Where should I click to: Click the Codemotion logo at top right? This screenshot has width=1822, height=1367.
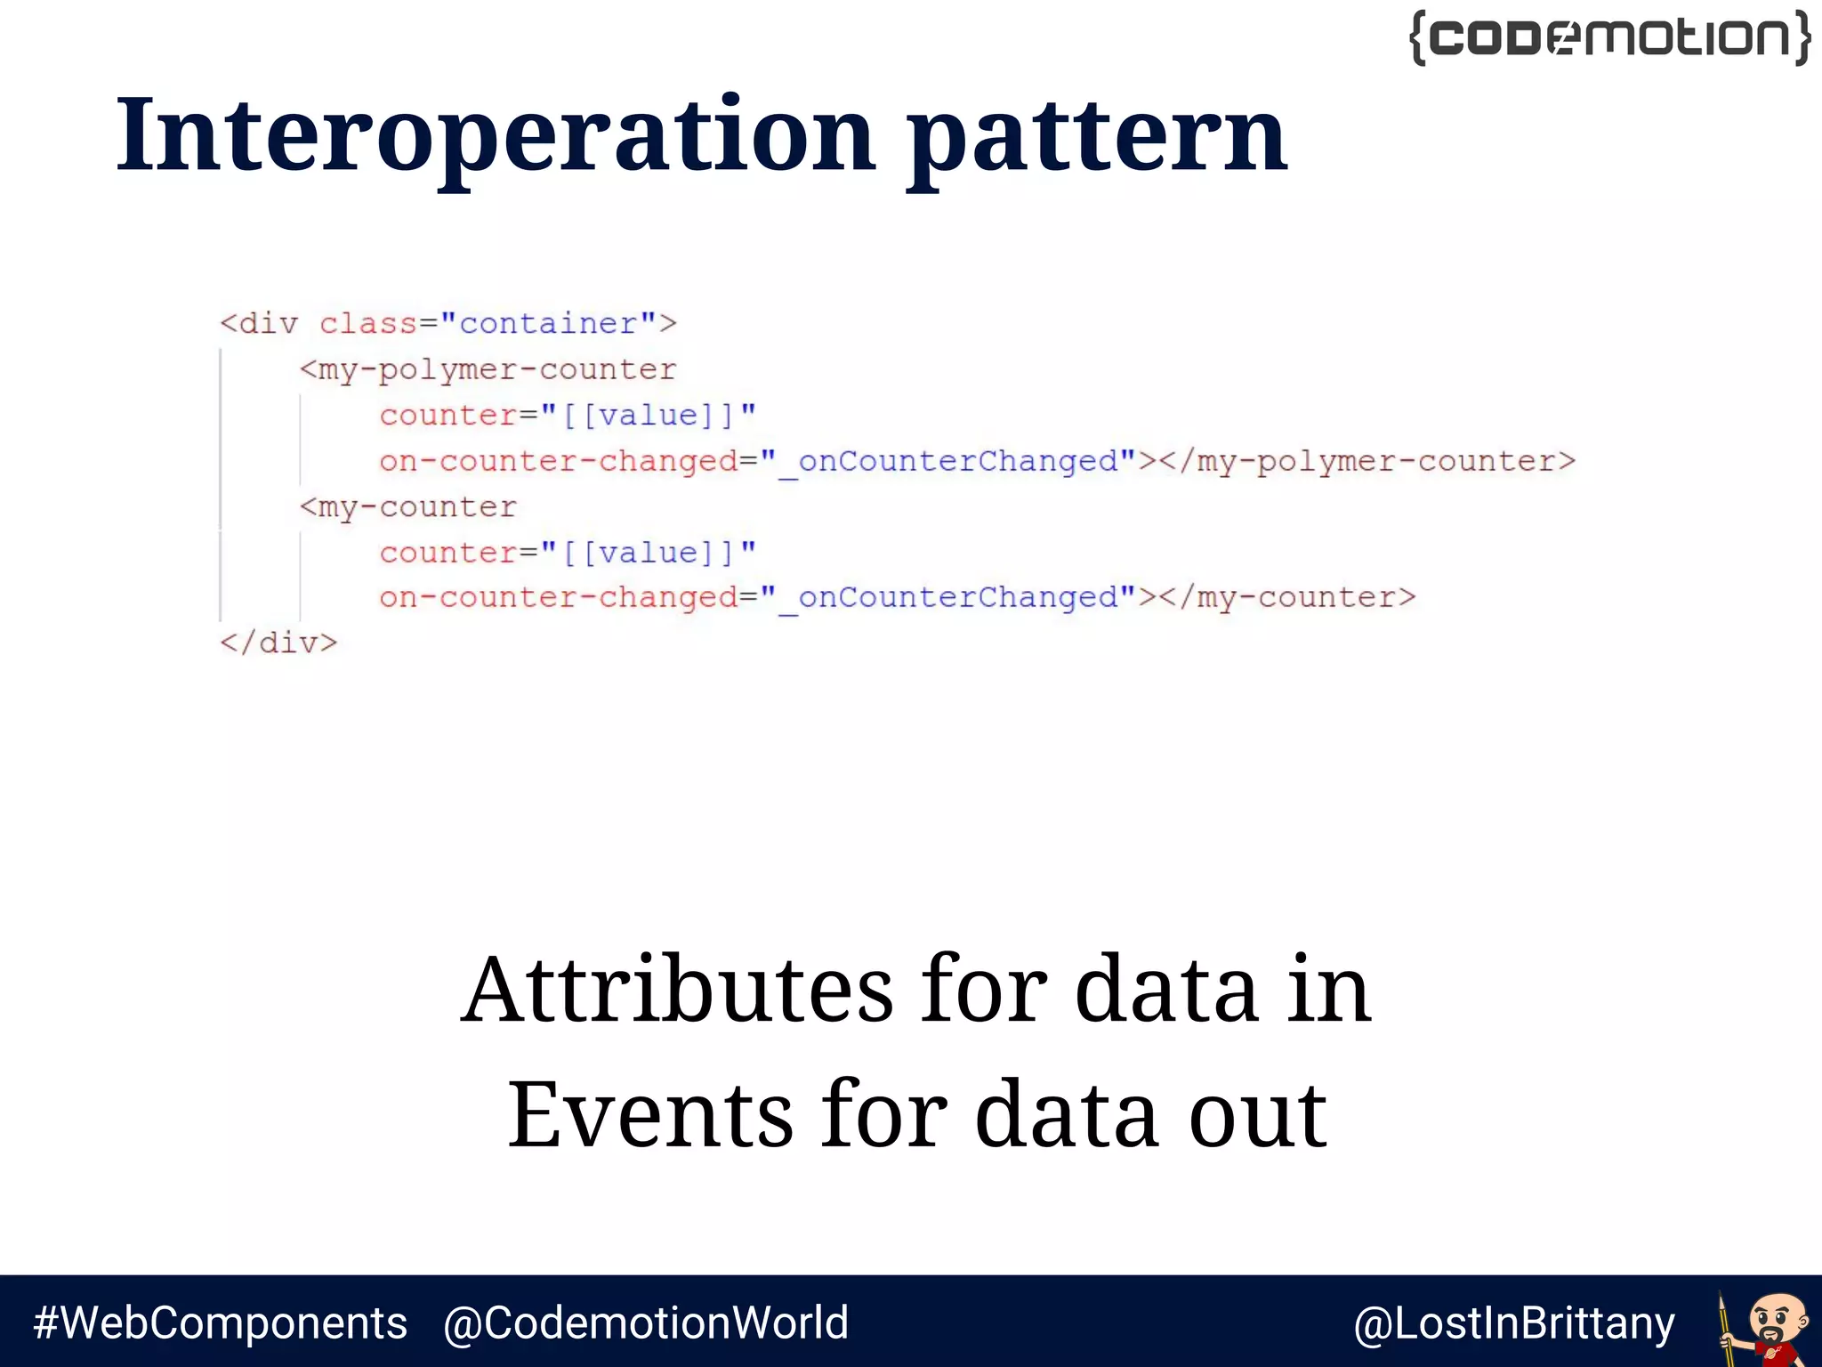(1610, 38)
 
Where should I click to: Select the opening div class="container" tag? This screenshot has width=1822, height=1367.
(448, 323)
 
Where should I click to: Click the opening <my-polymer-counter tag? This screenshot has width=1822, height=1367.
(488, 369)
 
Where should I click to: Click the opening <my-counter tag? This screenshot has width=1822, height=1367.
(408, 506)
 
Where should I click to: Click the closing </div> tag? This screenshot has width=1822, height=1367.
(278, 643)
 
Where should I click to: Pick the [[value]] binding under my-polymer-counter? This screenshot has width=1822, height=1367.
(648, 416)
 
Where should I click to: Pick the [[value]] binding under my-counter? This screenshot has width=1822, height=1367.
(648, 553)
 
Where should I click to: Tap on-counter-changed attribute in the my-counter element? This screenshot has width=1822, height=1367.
(558, 597)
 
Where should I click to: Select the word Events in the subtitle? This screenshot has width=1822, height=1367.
(650, 1114)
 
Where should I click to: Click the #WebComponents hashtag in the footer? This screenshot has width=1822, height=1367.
(220, 1323)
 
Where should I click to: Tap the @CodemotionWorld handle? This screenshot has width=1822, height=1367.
(646, 1323)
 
